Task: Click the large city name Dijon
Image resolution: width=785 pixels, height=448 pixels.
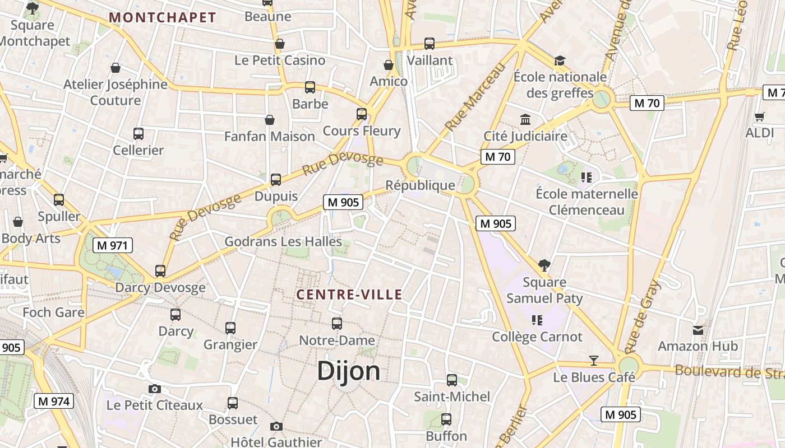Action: point(349,371)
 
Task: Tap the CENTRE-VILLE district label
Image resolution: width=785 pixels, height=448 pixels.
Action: point(349,295)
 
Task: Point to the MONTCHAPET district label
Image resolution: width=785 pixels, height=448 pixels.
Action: point(163,17)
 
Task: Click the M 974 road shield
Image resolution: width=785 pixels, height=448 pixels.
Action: point(54,401)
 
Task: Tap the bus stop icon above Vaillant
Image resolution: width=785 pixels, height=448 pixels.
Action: point(430,43)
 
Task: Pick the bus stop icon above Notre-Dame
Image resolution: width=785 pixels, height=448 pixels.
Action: point(337,323)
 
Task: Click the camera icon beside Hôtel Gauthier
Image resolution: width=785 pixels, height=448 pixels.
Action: point(276,426)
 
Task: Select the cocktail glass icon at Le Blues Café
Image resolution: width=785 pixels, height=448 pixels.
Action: point(594,360)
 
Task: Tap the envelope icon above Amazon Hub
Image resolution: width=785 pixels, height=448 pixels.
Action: point(698,330)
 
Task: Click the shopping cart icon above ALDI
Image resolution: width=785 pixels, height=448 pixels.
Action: point(760,116)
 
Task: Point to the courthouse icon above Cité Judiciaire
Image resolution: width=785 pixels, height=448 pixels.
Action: point(525,119)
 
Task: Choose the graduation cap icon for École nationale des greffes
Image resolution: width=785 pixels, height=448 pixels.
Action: point(560,60)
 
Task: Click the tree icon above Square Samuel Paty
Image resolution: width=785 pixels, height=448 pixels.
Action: point(544,265)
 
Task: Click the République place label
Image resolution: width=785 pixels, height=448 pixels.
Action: point(421,185)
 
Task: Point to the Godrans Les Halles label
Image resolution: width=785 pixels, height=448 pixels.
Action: point(283,242)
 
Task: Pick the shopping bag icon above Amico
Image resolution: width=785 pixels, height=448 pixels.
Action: point(388,65)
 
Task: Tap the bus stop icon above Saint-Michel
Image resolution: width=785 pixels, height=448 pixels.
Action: point(452,380)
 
